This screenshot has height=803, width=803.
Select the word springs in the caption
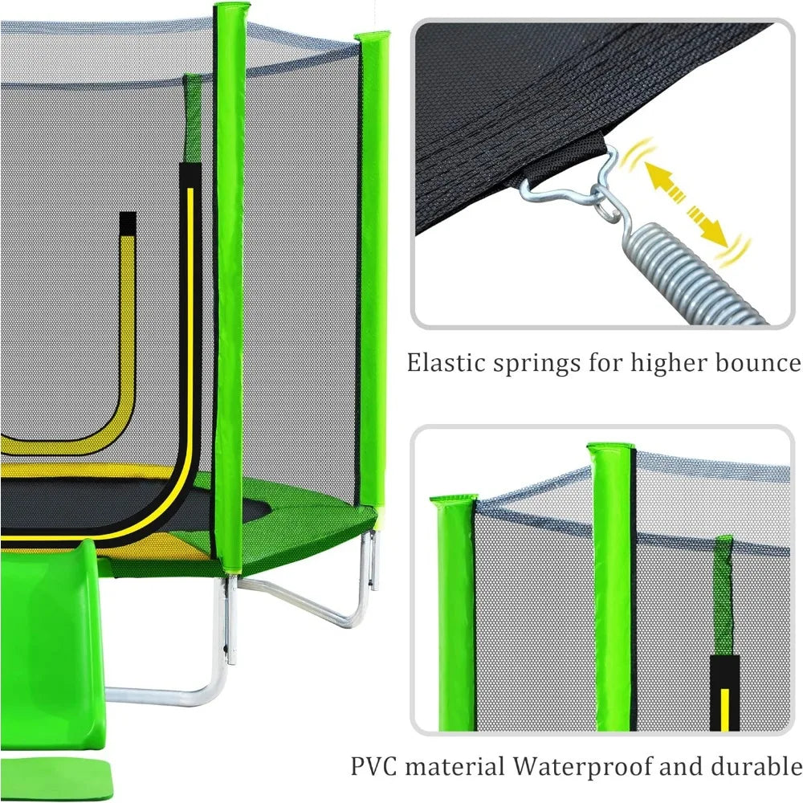coord(535,364)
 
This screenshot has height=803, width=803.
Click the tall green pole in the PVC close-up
coord(611,586)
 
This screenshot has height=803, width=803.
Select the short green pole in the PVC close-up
coord(453,610)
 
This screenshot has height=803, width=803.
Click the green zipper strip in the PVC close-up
coord(724,594)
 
